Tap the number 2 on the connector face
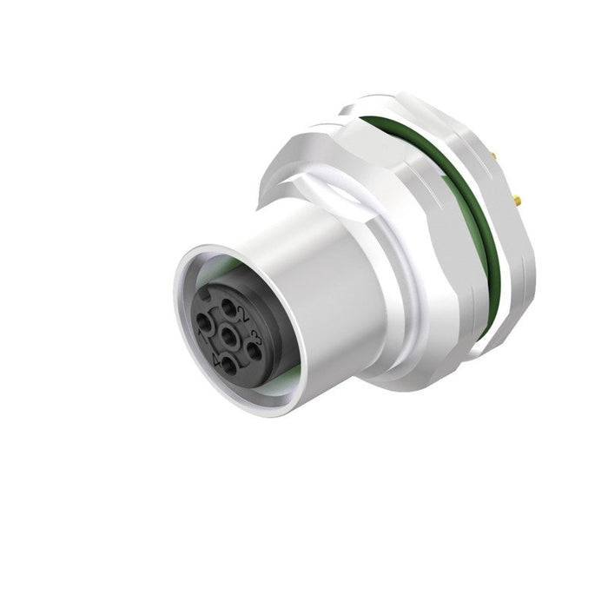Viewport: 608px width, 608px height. (245, 314)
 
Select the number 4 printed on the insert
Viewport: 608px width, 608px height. (215, 356)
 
